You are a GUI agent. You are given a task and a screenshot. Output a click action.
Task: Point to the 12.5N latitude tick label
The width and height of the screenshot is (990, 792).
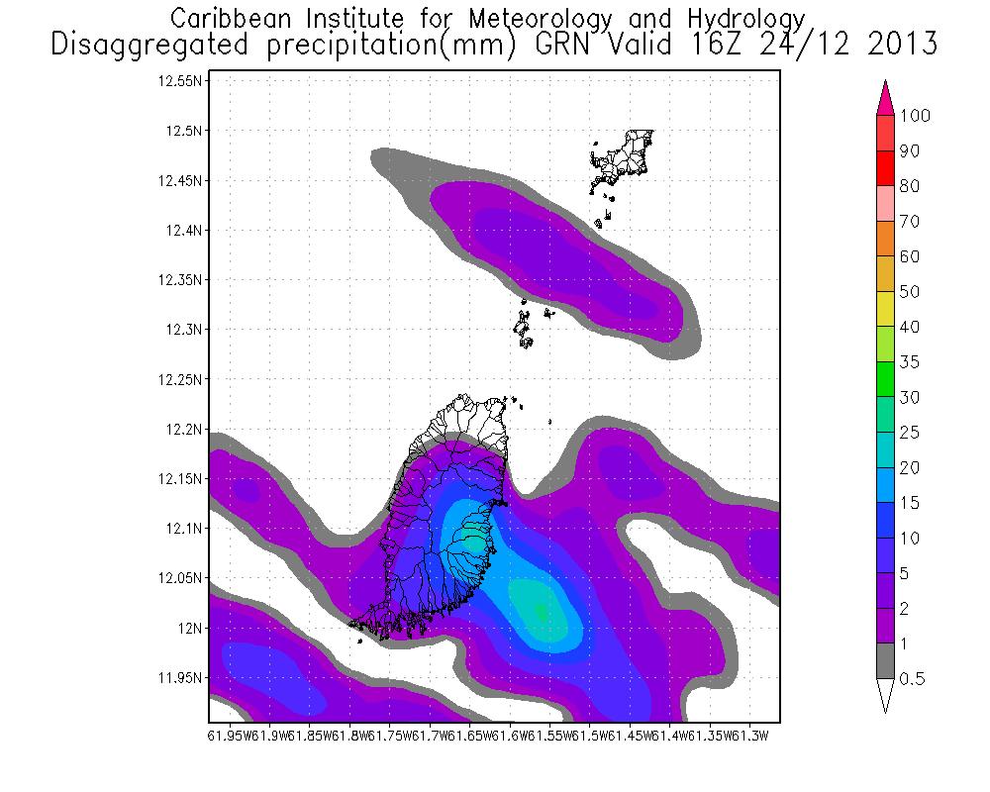(184, 131)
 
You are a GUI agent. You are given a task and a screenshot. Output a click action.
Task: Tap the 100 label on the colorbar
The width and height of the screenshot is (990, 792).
(916, 116)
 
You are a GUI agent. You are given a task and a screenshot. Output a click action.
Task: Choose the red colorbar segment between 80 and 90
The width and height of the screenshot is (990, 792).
(886, 168)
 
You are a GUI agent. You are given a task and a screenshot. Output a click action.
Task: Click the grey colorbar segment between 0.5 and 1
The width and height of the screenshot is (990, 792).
(886, 661)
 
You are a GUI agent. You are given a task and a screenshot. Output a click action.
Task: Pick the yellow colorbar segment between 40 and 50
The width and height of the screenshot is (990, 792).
(886, 309)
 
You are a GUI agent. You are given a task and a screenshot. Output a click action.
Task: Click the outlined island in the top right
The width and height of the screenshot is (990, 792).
(624, 158)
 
